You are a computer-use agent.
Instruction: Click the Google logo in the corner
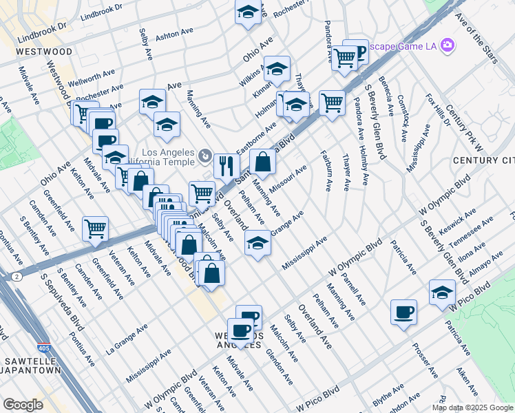(23, 405)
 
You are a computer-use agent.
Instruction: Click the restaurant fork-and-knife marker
(226, 165)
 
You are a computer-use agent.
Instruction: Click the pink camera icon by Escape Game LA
(448, 45)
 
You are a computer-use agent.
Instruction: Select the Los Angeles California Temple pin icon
(204, 157)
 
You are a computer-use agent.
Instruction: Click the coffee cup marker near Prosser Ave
(403, 312)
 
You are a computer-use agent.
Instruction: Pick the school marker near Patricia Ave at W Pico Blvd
(442, 292)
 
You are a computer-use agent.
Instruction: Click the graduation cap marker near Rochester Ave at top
(248, 12)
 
